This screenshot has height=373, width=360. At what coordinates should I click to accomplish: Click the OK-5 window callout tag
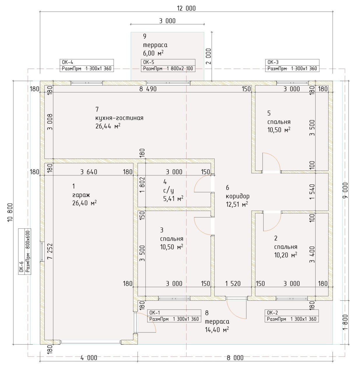tap(168, 66)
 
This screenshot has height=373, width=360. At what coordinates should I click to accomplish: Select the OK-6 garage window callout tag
tap(25, 251)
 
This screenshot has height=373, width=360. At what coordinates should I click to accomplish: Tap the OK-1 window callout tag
tap(174, 316)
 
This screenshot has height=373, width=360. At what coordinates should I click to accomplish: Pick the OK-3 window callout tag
tap(292, 66)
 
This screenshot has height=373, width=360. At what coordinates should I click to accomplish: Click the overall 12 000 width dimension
tap(186, 8)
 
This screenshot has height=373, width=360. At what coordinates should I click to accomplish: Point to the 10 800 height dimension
tap(10, 213)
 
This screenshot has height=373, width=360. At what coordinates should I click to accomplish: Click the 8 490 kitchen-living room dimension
tap(148, 89)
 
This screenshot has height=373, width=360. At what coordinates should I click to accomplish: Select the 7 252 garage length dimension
tap(50, 251)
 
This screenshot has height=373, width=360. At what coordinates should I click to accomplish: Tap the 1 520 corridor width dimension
tap(233, 284)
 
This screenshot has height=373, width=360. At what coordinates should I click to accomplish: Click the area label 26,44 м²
tap(108, 126)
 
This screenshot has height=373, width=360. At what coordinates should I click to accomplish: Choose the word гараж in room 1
tap(81, 195)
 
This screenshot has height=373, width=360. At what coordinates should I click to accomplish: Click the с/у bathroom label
tap(168, 191)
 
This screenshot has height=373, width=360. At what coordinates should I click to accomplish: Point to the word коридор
tap(238, 196)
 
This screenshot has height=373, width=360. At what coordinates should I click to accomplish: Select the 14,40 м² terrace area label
tap(217, 330)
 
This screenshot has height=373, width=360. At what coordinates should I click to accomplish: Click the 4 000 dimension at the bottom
tap(89, 358)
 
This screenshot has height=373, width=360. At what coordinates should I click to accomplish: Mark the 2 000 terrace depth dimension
tap(209, 56)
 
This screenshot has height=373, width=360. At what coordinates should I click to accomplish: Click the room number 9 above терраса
tap(145, 36)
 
